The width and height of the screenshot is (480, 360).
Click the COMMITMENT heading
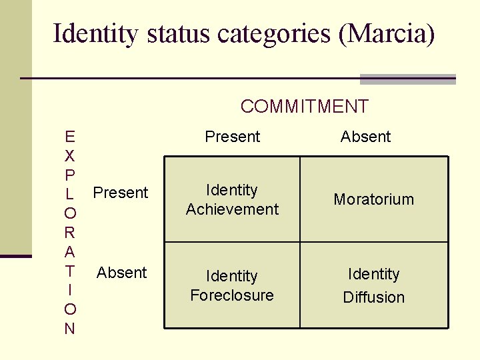[304, 106]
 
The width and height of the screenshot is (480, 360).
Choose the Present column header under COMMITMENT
[232, 137]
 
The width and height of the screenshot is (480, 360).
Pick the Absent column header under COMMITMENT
[365, 137]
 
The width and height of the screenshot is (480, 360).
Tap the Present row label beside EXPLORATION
[121, 193]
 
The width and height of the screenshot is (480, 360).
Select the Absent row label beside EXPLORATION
[121, 272]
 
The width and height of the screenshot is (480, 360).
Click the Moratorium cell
[374, 199]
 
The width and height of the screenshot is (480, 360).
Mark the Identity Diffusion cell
[374, 285]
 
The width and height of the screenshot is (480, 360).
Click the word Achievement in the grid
[232, 209]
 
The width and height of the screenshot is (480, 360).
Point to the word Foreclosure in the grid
[232, 295]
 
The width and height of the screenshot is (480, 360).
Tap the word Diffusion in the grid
[374, 297]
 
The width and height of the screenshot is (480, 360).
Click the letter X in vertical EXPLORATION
[70, 156]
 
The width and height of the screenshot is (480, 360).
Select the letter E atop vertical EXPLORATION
[70, 137]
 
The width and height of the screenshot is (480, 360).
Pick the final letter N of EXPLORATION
[70, 329]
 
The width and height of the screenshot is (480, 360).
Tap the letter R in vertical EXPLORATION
[70, 233]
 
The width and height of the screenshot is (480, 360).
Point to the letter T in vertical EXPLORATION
[70, 271]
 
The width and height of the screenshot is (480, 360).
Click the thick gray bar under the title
[407, 79]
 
